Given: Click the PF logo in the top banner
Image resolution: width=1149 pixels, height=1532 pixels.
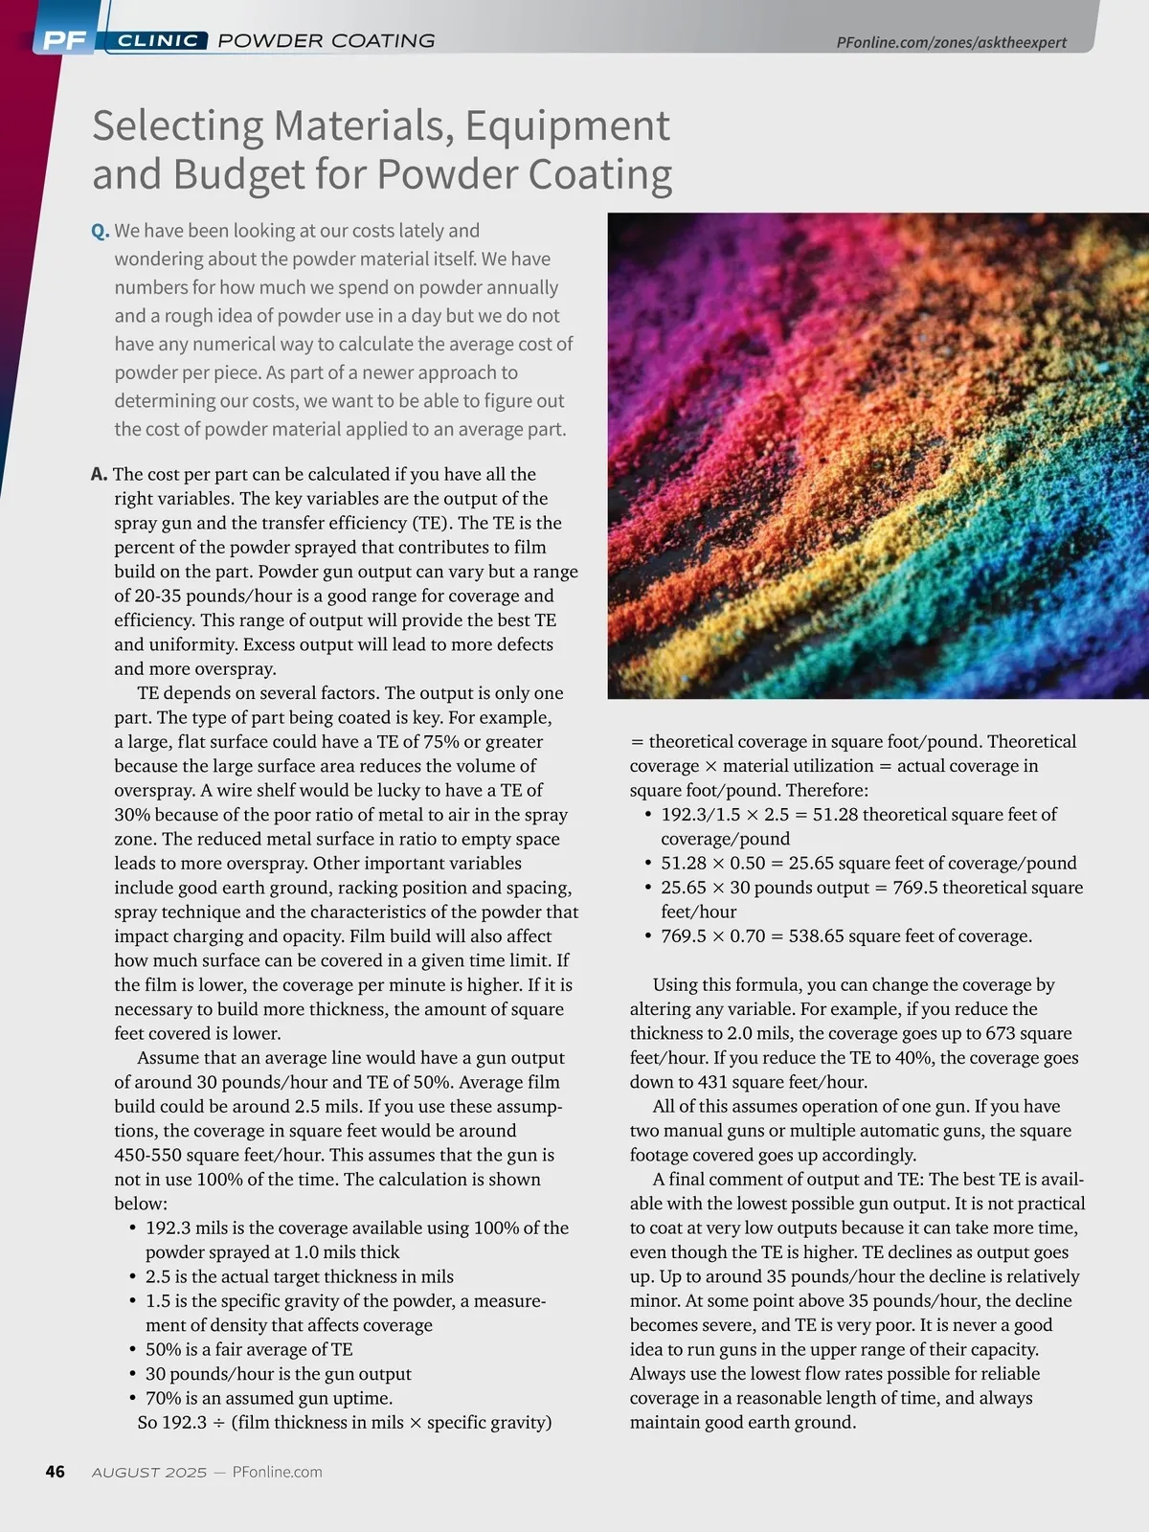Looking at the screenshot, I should point(65,40).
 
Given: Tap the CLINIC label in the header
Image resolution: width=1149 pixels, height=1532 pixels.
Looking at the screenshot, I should point(158,41).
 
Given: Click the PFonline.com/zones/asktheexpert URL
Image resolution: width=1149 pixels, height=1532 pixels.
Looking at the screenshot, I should point(951,42).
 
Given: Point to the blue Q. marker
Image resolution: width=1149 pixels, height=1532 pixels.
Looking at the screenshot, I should point(101,232).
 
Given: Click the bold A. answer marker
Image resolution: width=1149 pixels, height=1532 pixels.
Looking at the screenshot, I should point(99,474).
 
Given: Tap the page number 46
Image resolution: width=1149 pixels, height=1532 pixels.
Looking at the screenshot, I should point(56,1472).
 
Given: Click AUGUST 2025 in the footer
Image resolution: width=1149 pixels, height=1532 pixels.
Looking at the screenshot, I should point(149,1473).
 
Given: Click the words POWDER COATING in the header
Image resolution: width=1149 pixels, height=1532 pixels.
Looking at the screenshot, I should point(327,41).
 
